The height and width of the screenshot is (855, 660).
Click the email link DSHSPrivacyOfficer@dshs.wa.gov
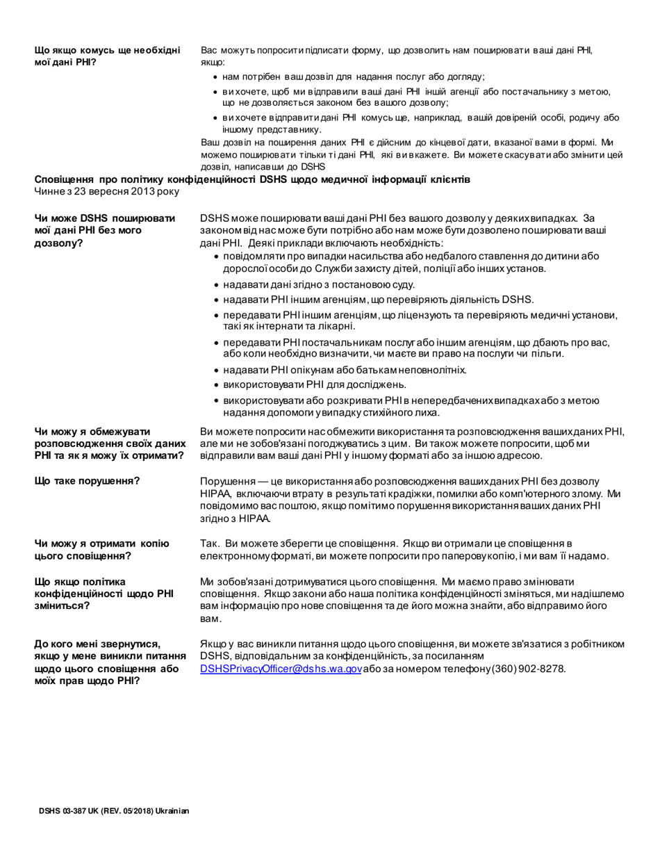pos(281,669)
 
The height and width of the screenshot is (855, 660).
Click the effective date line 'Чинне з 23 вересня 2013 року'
pos(107,190)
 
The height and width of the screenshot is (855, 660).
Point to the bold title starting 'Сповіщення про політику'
pos(252,179)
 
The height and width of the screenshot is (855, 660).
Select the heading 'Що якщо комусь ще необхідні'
pos(107,56)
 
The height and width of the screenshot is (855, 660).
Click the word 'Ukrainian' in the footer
pos(172,811)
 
